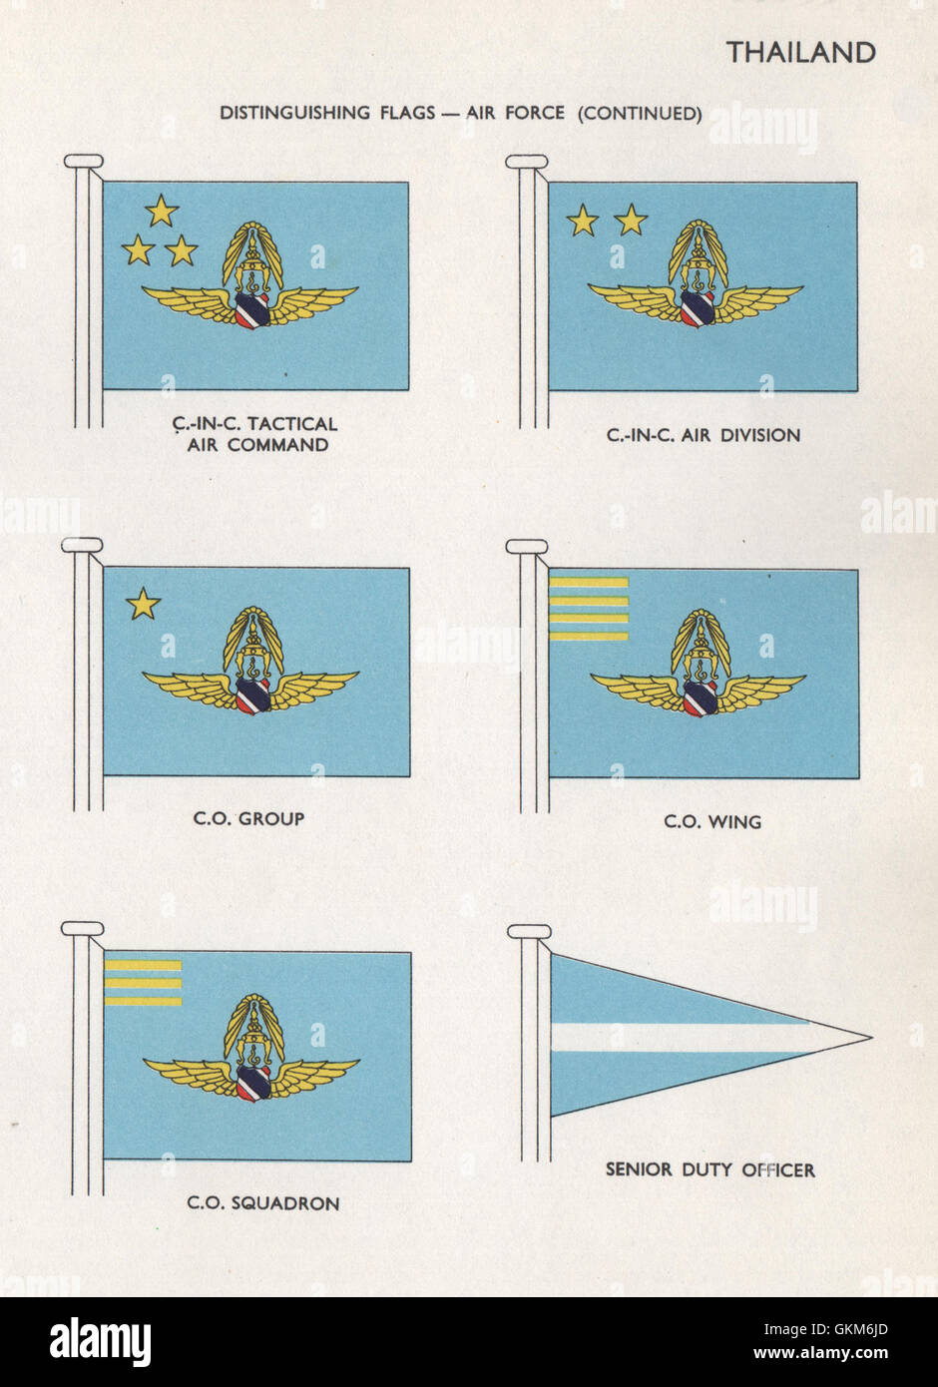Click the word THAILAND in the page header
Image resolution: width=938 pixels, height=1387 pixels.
[x=800, y=52]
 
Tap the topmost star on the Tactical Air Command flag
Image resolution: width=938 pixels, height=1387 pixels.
[x=161, y=211]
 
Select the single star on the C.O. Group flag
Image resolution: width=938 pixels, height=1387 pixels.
[x=144, y=604]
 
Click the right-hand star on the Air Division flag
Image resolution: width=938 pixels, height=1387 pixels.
[x=631, y=220]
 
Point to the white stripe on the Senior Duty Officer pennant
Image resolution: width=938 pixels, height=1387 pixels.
[x=679, y=1037]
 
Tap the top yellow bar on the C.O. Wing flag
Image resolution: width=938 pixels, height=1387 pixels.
[x=589, y=583]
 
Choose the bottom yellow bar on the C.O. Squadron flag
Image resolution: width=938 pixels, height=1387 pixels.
[x=143, y=1000]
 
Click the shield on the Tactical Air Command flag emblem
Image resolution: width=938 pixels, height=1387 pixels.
[x=253, y=308]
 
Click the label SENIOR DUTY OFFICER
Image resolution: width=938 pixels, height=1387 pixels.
[x=709, y=1169]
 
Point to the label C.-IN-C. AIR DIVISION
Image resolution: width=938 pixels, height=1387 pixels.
[x=703, y=435]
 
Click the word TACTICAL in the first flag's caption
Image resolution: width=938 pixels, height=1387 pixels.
[x=289, y=424]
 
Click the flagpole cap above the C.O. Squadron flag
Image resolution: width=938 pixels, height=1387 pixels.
[x=83, y=929]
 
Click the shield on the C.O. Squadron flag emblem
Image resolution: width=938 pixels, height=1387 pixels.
[x=254, y=1081]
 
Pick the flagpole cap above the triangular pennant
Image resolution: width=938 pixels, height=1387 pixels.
[x=529, y=932]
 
